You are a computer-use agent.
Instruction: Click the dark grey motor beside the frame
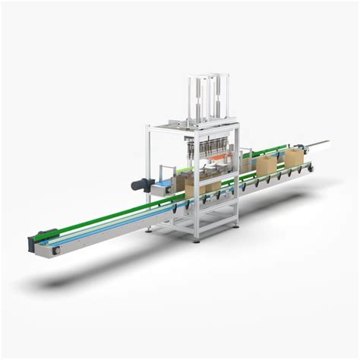point(139,184)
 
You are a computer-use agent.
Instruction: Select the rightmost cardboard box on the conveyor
point(294,157)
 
